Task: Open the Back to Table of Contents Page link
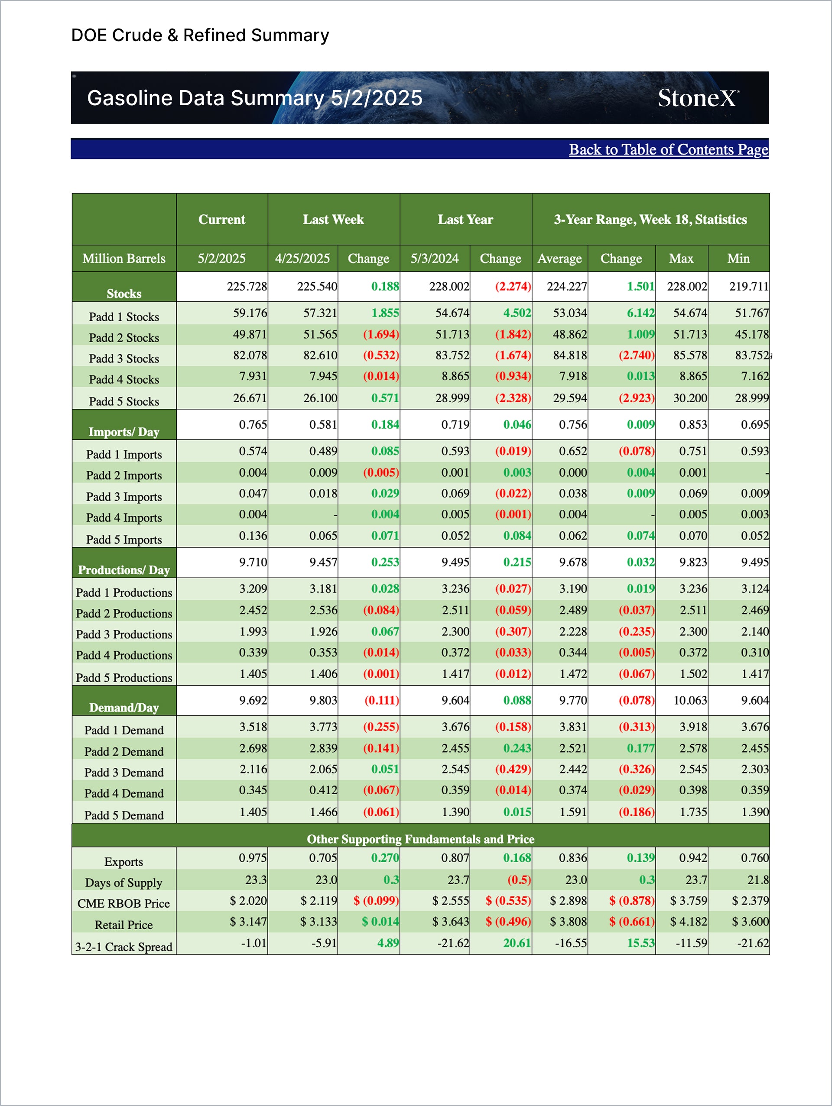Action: [x=668, y=149]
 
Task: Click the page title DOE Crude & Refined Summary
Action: [x=200, y=36]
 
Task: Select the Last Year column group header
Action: [x=465, y=220]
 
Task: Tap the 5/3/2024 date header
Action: [x=434, y=259]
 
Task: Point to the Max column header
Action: [x=681, y=259]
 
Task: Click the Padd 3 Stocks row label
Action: [x=123, y=359]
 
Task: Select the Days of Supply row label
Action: [x=123, y=883]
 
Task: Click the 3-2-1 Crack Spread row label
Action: [x=123, y=947]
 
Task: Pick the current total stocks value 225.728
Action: [x=247, y=287]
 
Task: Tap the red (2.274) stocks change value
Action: [x=513, y=287]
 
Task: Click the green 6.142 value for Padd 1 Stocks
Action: [x=640, y=313]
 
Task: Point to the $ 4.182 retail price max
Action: [x=689, y=921]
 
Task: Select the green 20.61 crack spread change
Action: [x=517, y=943]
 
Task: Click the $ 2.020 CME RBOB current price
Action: [x=248, y=900]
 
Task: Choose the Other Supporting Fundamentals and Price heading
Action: [x=420, y=838]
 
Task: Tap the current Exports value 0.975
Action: [x=253, y=857]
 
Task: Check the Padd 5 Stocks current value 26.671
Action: [x=250, y=398]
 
